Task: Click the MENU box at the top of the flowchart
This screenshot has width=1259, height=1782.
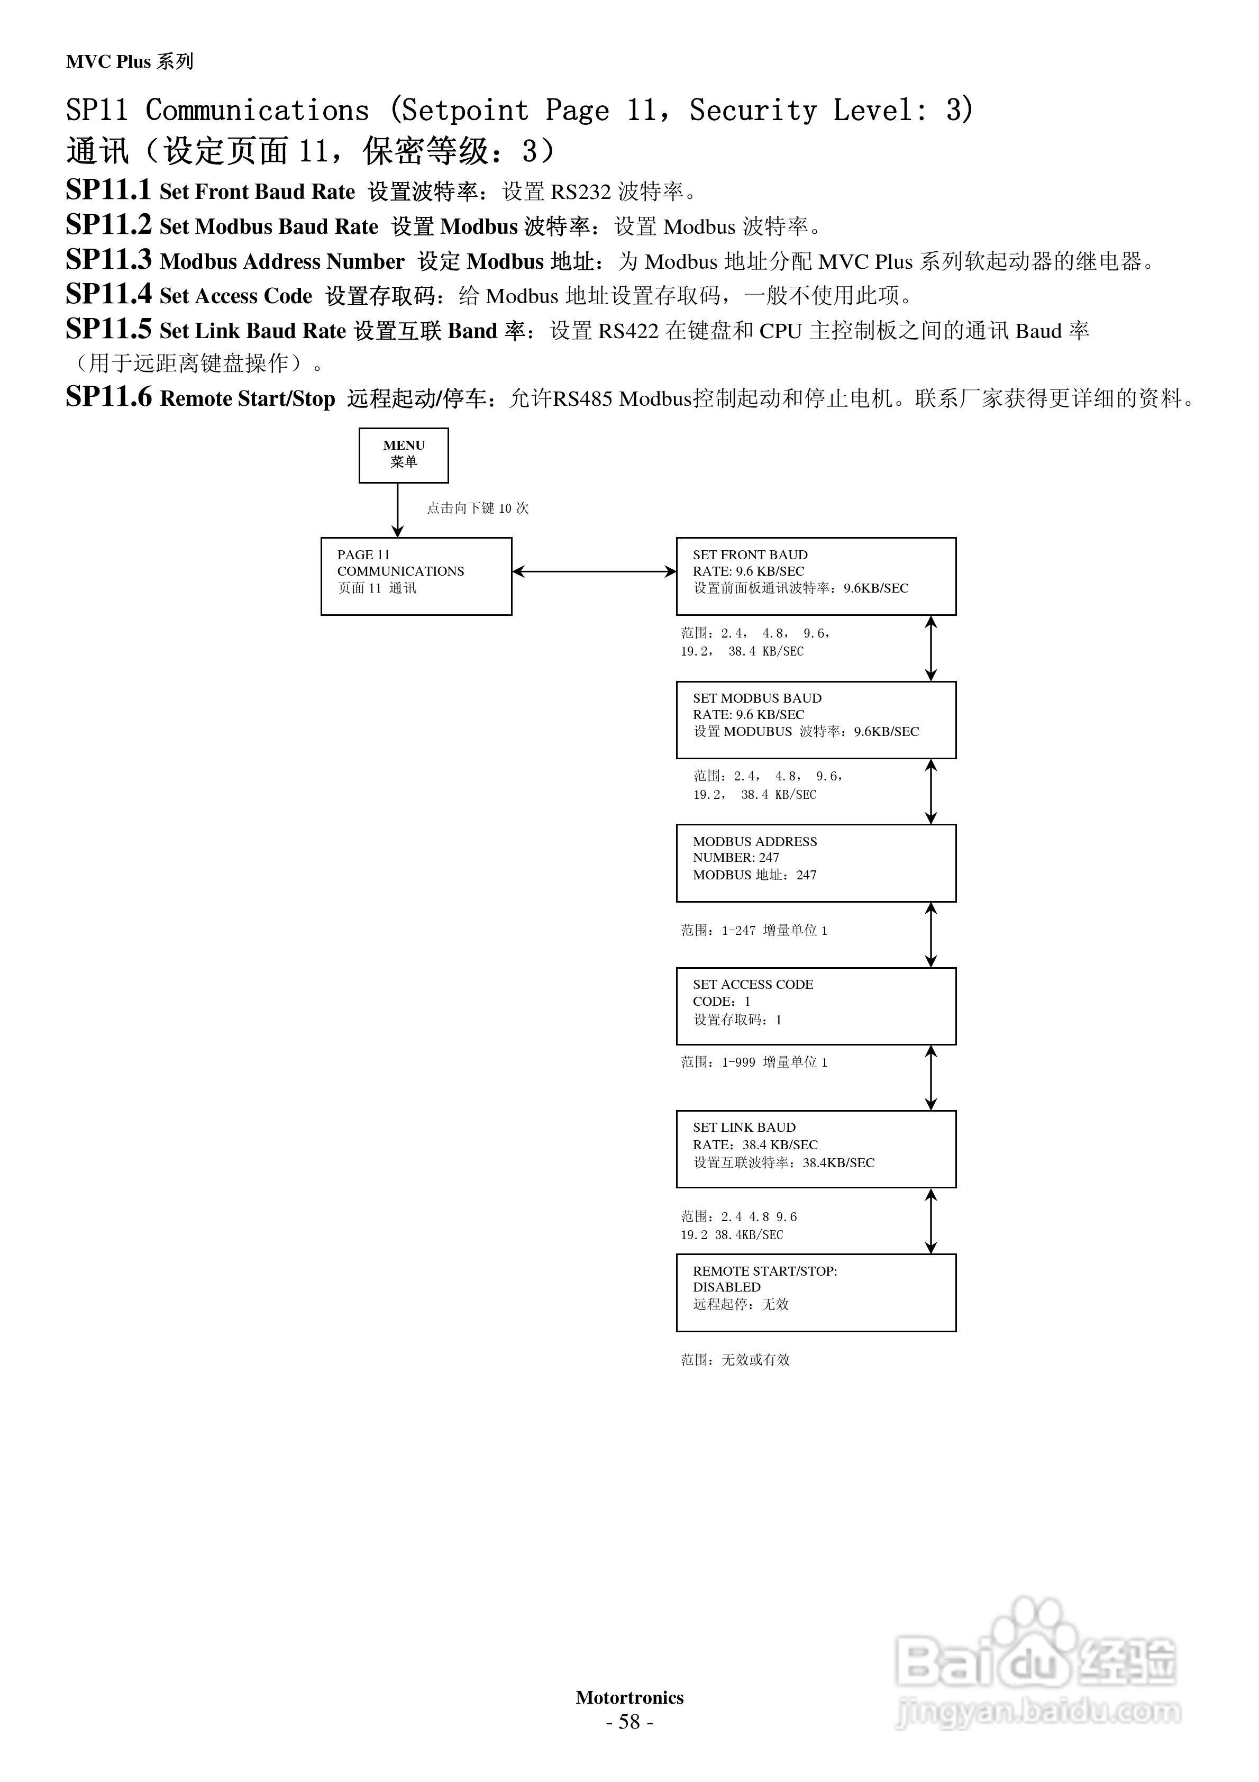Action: point(404,455)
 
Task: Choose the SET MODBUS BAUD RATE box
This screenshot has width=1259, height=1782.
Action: point(816,720)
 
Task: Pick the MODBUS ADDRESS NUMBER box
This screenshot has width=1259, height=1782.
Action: point(816,862)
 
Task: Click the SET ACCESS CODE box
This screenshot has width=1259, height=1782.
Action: point(816,1006)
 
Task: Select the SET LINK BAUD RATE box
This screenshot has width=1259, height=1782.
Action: point(816,1149)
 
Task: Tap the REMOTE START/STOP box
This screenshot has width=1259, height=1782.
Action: point(816,1292)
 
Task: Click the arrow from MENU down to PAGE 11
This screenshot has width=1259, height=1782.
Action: point(397,510)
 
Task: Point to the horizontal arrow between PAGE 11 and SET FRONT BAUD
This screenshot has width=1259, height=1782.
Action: point(594,572)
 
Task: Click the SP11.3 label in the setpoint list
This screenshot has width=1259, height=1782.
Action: point(108,259)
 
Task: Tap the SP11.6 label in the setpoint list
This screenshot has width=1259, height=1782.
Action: point(108,397)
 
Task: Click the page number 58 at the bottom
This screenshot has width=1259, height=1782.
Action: point(629,1722)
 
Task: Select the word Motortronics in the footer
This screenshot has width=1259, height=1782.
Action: point(629,1697)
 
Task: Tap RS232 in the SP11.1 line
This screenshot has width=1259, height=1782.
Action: point(581,192)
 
